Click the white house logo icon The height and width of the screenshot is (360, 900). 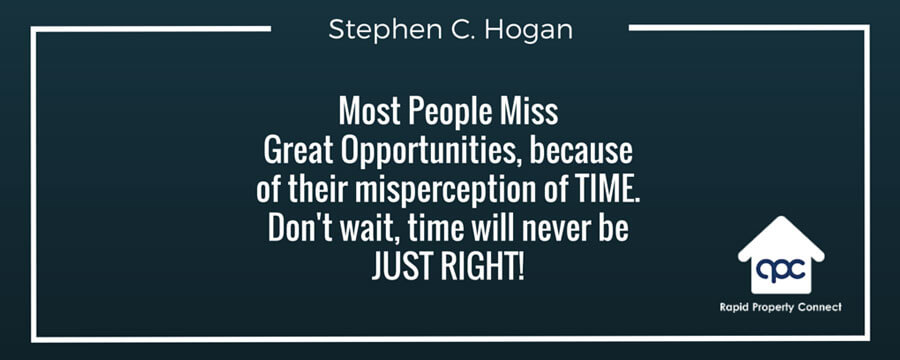pyautogui.click(x=781, y=256)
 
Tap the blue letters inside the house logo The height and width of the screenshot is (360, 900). pyautogui.click(x=781, y=269)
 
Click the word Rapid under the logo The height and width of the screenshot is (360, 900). pyautogui.click(x=733, y=308)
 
